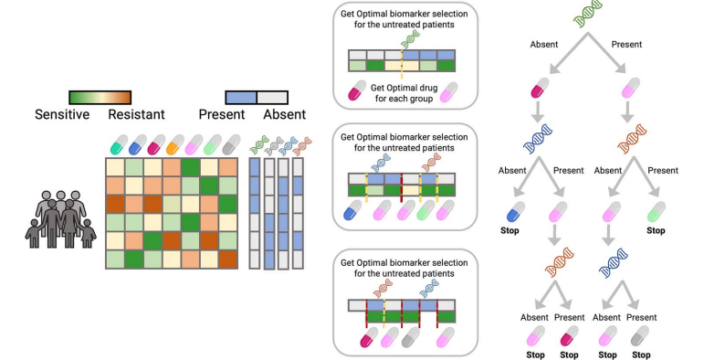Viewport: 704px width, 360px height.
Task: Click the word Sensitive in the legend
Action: [62, 114]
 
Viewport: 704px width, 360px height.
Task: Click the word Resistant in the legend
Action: [136, 114]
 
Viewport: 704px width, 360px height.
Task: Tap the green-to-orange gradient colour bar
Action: [100, 98]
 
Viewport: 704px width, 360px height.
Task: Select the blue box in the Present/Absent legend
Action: [241, 98]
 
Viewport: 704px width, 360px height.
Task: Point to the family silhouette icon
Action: [60, 219]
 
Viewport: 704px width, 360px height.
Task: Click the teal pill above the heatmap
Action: [119, 144]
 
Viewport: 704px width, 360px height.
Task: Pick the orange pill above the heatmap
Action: [175, 144]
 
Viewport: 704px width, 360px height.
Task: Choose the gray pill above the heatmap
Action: [231, 144]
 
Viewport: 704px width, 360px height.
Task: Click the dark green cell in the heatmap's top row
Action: [190, 166]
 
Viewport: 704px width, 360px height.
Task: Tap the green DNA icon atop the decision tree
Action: [588, 14]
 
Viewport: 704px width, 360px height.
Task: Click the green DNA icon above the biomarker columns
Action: [259, 145]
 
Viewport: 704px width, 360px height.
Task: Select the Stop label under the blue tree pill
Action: [510, 230]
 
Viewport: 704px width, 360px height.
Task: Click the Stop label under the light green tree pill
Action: [656, 230]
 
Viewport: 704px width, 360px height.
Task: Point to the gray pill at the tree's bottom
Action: [640, 335]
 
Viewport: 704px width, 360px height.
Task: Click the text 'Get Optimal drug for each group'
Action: [404, 93]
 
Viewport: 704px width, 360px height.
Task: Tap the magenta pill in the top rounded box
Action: [357, 90]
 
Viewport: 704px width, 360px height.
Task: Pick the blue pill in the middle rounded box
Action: [352, 210]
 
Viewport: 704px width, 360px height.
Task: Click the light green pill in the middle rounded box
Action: [426, 210]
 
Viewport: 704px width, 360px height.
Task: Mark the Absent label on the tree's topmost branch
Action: [544, 45]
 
